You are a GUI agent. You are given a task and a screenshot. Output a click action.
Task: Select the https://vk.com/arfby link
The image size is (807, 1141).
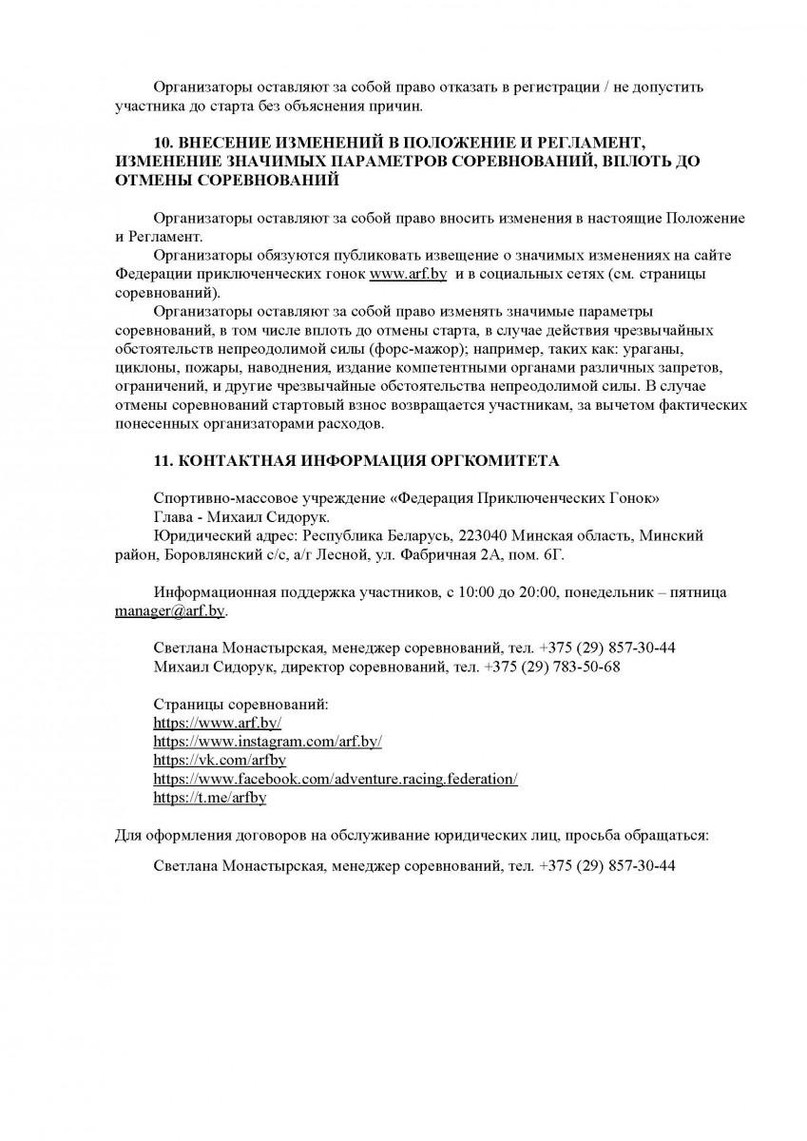point(220,761)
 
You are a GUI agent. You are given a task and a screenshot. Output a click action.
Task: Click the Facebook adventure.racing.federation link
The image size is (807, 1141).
point(335,780)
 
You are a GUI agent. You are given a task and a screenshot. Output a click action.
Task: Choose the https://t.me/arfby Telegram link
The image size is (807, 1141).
point(209,799)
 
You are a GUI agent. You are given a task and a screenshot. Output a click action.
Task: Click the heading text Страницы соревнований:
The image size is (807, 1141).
point(240,705)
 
